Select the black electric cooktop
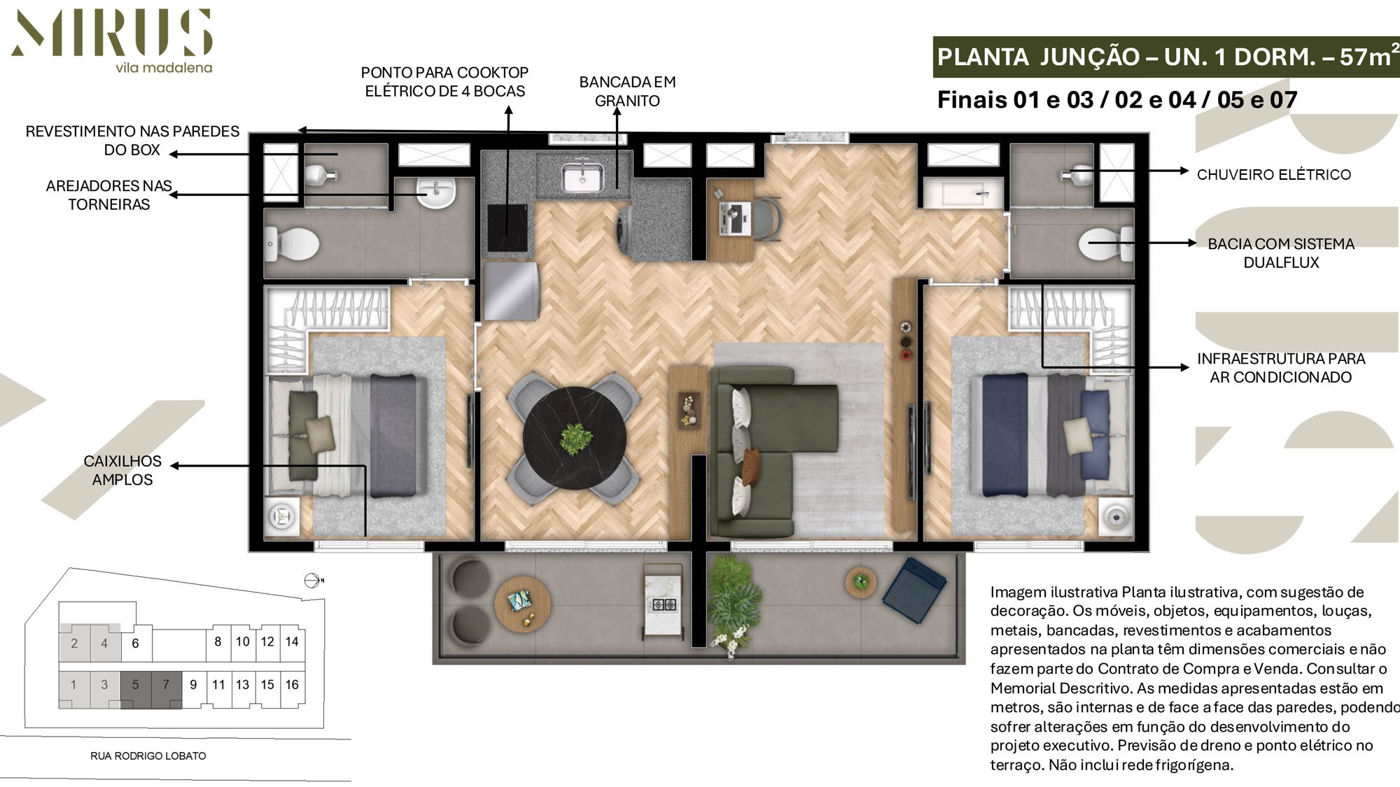(507, 227)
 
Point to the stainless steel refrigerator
(511, 290)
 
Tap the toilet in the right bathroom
(1106, 244)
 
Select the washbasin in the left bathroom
(436, 192)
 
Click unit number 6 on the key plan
(136, 643)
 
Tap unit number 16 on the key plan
(292, 684)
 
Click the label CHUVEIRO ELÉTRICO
(1274, 174)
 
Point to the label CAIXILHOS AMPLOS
(122, 470)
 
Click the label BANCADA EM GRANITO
(627, 91)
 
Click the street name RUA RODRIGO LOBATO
(148, 756)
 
